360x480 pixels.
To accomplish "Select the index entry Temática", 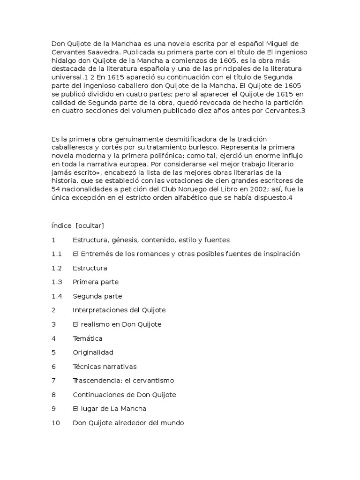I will [x=87, y=338].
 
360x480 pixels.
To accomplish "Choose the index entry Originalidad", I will [x=93, y=352].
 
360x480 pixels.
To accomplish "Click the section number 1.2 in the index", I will [x=57, y=268].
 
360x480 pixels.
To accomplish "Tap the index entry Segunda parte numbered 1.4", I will [x=97, y=296].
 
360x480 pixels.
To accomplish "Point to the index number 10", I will [x=56, y=423].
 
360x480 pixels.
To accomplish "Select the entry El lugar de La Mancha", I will [x=109, y=409].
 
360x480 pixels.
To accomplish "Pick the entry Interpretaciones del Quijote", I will [x=119, y=310].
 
